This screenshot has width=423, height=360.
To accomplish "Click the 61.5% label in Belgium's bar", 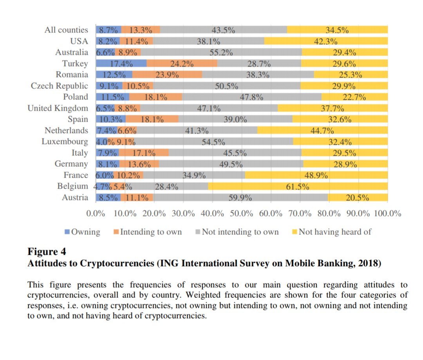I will [298, 187].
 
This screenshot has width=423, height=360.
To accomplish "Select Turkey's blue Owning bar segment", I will [121, 63].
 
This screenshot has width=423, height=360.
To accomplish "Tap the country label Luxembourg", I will [65, 142].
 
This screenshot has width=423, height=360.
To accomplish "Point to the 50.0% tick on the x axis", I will [241, 213].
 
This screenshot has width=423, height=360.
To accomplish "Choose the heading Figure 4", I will [47, 251].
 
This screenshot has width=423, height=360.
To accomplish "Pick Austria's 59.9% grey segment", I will [240, 198].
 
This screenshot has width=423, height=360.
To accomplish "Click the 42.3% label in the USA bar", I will [326, 41].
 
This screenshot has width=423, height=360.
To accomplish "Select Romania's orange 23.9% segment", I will [167, 75].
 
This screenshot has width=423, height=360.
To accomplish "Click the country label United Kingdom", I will [58, 108].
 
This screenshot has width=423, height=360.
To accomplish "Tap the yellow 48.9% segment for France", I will [316, 175].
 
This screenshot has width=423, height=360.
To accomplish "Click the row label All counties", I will [66, 30].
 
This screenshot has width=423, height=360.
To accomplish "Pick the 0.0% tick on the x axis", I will [96, 213].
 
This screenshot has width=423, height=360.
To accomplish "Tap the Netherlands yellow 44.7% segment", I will [322, 131].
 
